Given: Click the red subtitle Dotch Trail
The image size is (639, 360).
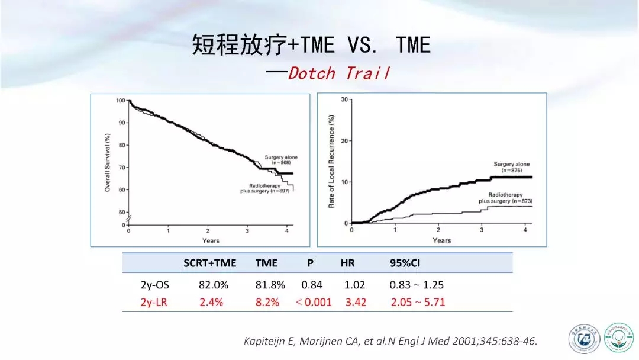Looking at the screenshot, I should (339, 73).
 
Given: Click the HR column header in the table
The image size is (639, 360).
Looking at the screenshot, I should (348, 263).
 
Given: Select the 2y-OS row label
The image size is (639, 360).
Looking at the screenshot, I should (155, 285).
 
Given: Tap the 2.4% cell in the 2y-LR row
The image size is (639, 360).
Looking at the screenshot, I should (211, 302).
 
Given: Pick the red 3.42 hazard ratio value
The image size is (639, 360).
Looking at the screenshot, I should (356, 302).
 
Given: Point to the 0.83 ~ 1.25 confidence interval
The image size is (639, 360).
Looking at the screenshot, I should (417, 285).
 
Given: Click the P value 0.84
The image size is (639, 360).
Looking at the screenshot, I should (312, 285).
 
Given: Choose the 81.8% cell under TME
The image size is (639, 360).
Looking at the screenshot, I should (270, 285).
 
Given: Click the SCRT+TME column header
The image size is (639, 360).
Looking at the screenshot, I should (209, 263).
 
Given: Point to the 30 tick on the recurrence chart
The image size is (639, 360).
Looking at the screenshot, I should (344, 99).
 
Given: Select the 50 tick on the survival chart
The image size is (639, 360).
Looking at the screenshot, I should (121, 212).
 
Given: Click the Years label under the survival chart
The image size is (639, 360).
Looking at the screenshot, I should (211, 240).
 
